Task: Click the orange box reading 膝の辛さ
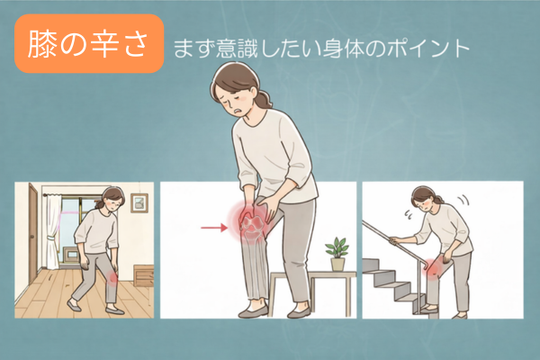[89, 43]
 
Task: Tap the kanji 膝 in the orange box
[41, 44]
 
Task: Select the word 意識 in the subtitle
[238, 49]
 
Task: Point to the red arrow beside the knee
[214, 228]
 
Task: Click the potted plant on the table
[337, 254]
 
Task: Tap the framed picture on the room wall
[139, 202]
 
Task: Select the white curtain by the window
[53, 231]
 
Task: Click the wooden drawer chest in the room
[143, 275]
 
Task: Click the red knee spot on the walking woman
[112, 276]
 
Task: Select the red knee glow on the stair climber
[435, 267]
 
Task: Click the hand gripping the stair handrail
[395, 239]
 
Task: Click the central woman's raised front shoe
[252, 312]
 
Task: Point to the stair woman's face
[423, 204]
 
